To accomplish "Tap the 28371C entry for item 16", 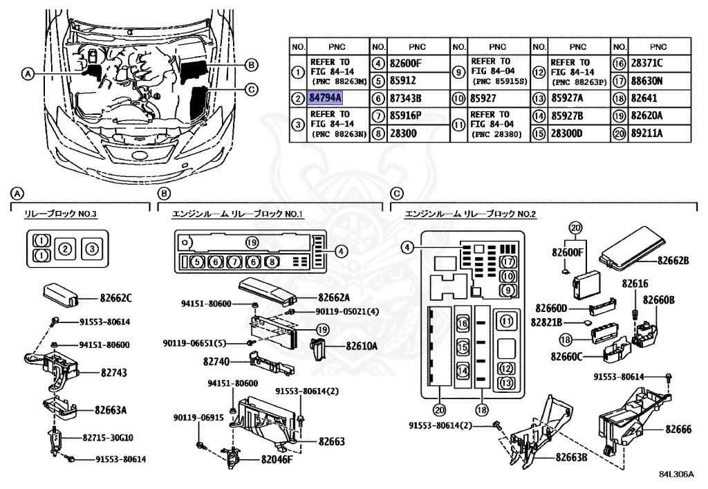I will (x=646, y=64).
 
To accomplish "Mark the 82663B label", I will (x=568, y=458).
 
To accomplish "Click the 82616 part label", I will (x=635, y=284).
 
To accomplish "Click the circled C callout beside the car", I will (x=252, y=89).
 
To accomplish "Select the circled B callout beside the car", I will (x=252, y=65).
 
